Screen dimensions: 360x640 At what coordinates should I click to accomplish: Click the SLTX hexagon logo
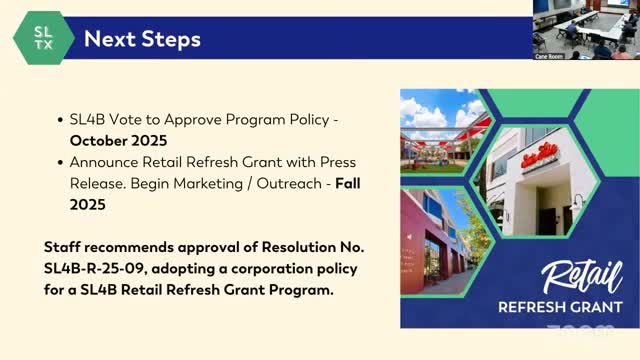pos(42,38)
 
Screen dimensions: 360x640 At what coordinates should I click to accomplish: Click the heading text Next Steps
pos(142,39)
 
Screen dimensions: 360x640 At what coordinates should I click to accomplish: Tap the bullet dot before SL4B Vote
pos(61,120)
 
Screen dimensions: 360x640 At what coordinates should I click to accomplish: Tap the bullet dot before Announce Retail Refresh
pos(61,161)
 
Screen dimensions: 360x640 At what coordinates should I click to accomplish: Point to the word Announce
pos(104,161)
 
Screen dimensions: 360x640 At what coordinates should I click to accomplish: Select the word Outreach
pos(281,182)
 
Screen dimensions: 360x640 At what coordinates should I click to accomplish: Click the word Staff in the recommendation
pos(63,249)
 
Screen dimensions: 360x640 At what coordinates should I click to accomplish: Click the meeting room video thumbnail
pos(586,29)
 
